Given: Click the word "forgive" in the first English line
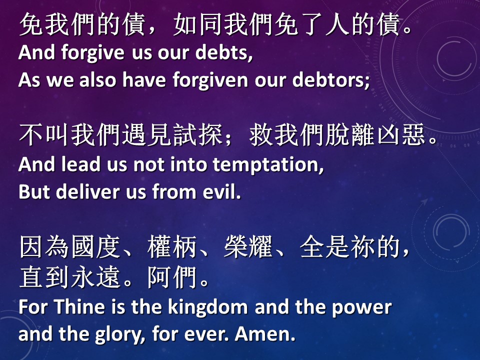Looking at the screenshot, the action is [x=92, y=53].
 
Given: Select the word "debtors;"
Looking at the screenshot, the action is [x=331, y=79].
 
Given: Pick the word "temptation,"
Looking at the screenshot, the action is [x=268, y=165].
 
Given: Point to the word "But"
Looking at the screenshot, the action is [x=34, y=192].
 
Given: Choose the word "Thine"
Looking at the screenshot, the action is [x=79, y=306].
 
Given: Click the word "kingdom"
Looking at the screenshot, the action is [x=208, y=307].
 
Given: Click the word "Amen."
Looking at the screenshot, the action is [x=265, y=334].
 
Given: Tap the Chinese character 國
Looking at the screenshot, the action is [x=82, y=247].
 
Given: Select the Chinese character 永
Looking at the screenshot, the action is [x=82, y=277].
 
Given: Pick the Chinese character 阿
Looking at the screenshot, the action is [x=159, y=277].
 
